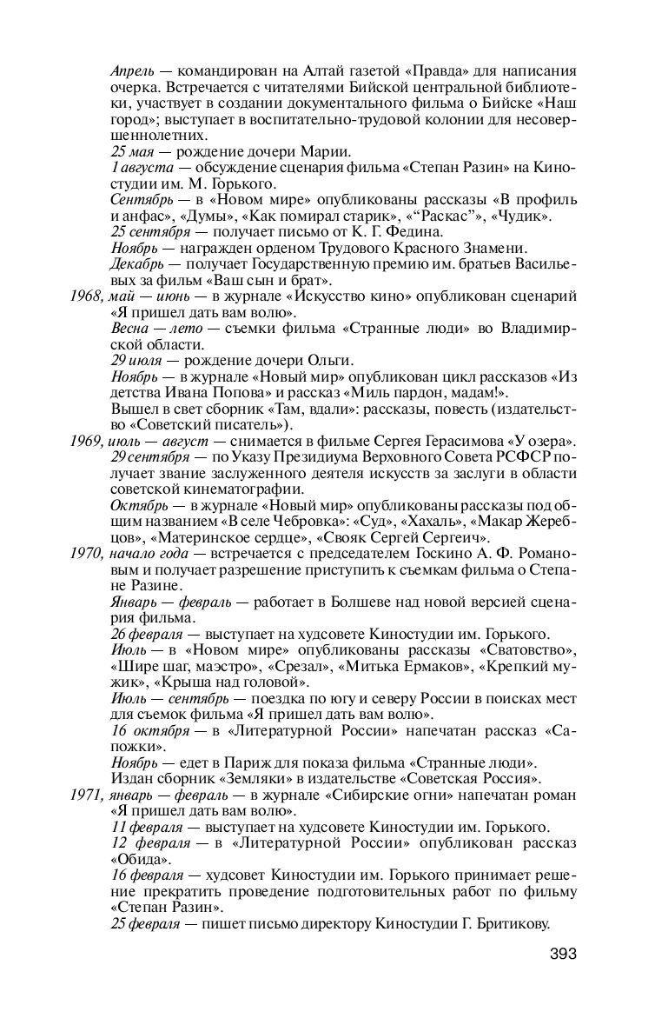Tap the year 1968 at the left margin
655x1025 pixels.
click(86, 296)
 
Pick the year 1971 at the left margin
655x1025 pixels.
click(85, 795)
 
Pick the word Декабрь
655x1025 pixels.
click(136, 264)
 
